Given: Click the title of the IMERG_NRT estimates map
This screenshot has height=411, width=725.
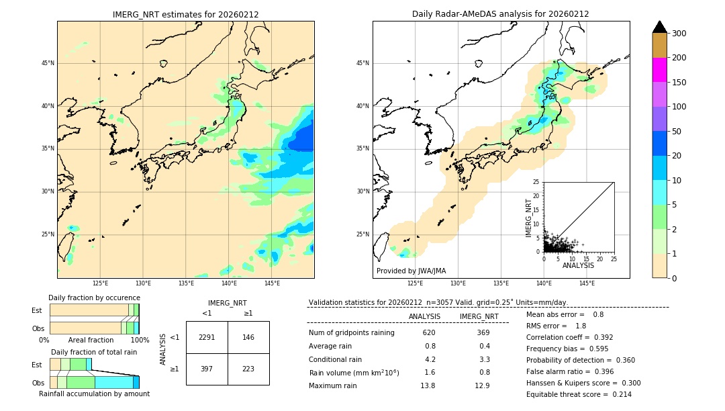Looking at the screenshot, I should tap(185, 14).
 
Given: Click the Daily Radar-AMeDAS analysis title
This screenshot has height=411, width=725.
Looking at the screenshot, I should tap(501, 14).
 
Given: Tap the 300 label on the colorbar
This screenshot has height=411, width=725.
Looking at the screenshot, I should tap(679, 34).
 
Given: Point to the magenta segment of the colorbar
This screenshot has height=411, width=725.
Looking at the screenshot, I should tap(659, 70).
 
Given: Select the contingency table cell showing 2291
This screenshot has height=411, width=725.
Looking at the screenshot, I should tap(207, 337).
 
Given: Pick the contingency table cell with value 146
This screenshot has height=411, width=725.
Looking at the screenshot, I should tap(248, 337).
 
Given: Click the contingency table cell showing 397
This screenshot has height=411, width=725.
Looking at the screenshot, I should tap(207, 369).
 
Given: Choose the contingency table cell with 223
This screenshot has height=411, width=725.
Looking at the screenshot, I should tap(248, 369).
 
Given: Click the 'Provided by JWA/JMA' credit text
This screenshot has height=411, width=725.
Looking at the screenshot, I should tap(411, 271).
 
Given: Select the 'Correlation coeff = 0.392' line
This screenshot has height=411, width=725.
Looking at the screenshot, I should tap(569, 337).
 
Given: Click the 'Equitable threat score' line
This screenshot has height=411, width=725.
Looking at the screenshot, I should tap(579, 394).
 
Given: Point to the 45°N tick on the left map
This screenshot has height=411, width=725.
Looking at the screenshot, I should tap(48, 63).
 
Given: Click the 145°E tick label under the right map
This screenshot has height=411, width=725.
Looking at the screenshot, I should tap(587, 283).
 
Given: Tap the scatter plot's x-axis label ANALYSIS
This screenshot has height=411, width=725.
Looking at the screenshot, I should tap(579, 265).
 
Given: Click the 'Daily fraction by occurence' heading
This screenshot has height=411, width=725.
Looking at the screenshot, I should tap(94, 298).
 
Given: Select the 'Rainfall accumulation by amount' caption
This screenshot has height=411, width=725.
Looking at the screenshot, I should tap(94, 394).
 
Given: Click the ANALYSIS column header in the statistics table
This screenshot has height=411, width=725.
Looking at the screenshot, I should tap(424, 316).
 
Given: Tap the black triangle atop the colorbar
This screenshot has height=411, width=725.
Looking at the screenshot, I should tap(660, 27).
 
